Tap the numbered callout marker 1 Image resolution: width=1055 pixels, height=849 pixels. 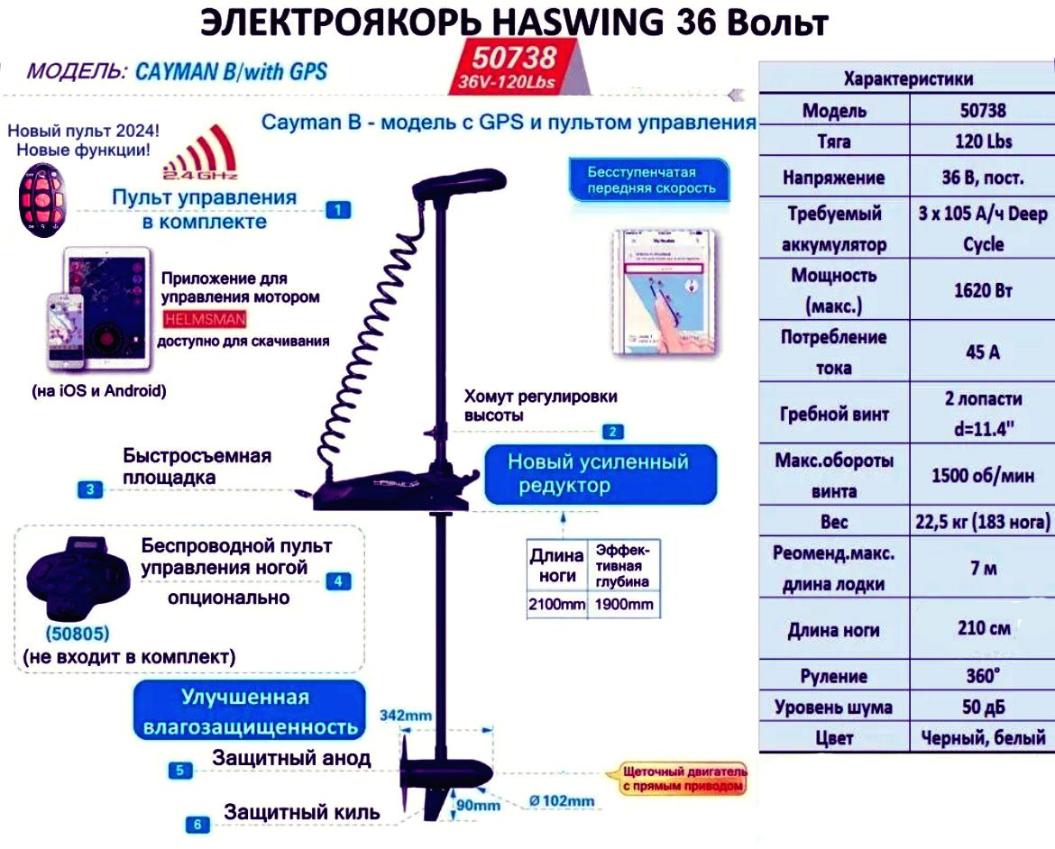click(x=337, y=210)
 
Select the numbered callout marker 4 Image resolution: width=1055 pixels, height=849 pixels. click(x=338, y=581)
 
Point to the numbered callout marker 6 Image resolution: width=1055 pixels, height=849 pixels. click(x=198, y=824)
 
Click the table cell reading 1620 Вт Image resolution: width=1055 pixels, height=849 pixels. click(x=982, y=290)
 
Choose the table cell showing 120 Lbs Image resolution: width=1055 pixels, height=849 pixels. click(x=982, y=141)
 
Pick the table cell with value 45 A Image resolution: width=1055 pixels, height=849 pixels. click(x=982, y=352)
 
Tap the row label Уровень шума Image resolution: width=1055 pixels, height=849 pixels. click(x=833, y=707)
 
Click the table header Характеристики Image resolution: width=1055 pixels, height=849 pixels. click(x=908, y=79)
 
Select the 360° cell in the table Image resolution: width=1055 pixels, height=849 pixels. click(x=982, y=676)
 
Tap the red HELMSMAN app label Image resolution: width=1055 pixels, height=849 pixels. click(x=205, y=319)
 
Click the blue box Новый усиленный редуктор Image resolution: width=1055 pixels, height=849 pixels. click(x=600, y=474)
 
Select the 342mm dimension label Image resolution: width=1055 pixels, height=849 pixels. click(x=405, y=716)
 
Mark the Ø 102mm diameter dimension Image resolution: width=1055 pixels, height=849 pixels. click(x=563, y=801)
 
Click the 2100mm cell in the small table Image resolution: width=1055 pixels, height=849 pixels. click(x=556, y=605)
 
